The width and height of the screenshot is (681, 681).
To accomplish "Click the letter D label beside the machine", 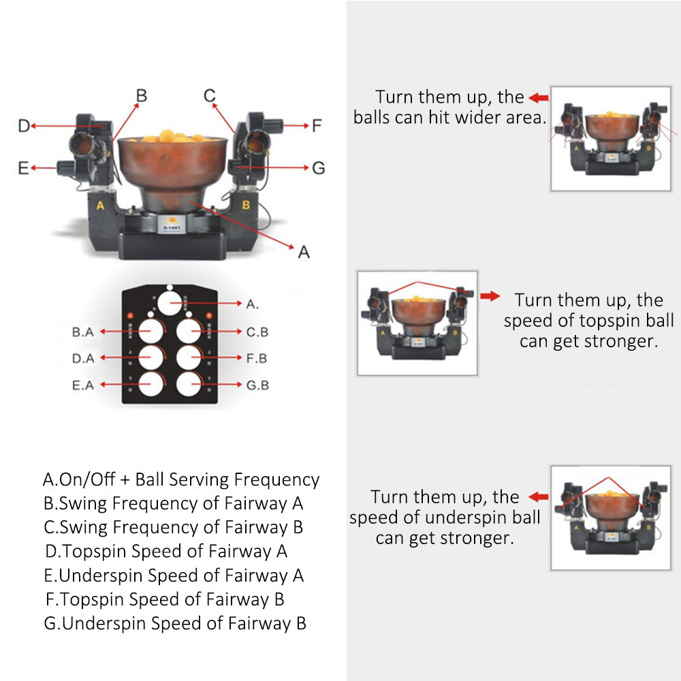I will (x=23, y=126).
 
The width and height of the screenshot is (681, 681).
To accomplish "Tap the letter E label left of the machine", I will (x=23, y=168).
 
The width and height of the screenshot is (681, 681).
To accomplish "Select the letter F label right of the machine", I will (x=316, y=126).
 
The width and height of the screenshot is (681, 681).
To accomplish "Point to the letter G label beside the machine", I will (x=318, y=168).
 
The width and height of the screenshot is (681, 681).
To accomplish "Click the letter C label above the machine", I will (x=210, y=95).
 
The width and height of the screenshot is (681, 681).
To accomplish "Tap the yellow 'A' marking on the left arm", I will (x=101, y=205).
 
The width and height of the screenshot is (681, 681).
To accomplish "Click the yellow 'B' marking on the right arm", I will (x=247, y=204).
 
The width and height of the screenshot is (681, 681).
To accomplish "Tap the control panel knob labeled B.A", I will (x=153, y=332).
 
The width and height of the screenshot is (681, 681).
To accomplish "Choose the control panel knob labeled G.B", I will (x=191, y=384).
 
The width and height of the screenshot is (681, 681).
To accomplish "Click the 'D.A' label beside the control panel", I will (x=82, y=358).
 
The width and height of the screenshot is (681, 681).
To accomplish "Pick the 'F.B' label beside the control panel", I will (x=257, y=358).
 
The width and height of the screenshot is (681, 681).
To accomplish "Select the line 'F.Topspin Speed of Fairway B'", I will (x=164, y=599).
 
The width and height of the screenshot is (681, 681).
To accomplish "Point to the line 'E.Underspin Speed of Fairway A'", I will (x=174, y=575).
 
